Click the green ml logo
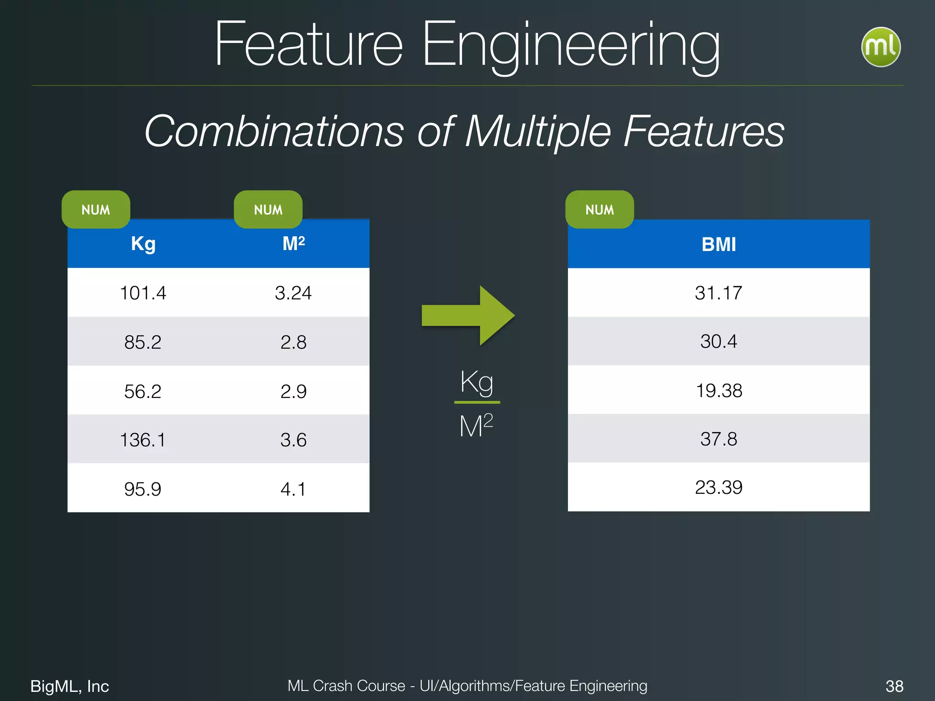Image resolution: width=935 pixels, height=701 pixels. coord(881,47)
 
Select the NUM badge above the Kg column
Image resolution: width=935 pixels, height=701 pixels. coord(96,209)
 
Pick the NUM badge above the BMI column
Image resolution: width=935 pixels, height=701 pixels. coord(599,209)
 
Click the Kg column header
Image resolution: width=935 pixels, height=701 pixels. coord(143,244)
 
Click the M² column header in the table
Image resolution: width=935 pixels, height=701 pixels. coord(294,244)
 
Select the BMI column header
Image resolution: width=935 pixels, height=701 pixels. coord(719,245)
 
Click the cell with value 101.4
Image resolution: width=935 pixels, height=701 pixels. coord(143,293)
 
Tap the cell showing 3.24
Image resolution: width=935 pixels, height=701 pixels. coord(293,293)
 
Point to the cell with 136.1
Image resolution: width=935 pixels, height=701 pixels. coord(143,440)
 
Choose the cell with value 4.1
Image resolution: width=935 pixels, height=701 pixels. coord(293,489)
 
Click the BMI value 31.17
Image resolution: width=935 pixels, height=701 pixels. coord(719,293)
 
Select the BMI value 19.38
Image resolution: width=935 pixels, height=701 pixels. coord(719,391)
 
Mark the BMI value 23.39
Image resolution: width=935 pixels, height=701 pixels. coord(719,487)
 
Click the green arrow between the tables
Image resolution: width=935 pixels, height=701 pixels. coord(468,315)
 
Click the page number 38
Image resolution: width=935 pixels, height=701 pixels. coord(894,686)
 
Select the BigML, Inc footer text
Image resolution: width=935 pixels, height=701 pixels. coord(69,686)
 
